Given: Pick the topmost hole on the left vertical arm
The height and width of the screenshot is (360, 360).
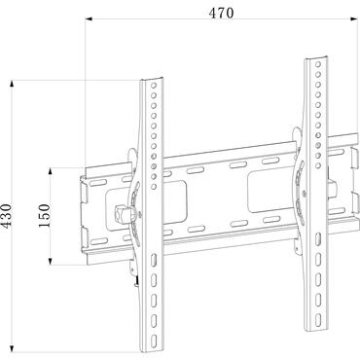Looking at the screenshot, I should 152,89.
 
